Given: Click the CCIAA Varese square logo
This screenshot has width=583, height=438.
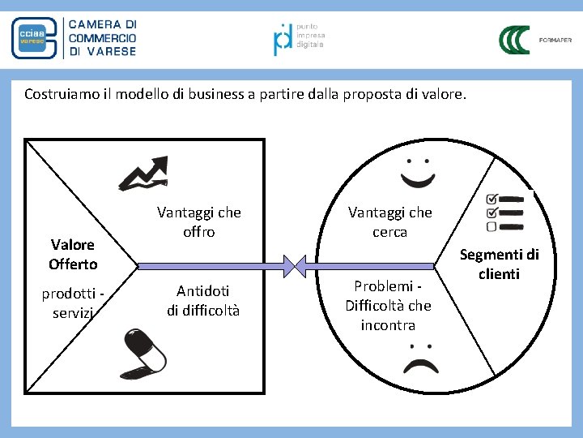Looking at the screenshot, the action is click(34, 38).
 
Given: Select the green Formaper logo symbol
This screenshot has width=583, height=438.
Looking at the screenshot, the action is click(513, 39).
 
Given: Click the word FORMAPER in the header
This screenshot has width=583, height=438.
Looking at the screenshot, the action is click(555, 40).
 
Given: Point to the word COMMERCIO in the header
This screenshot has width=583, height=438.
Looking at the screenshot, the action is click(103, 38).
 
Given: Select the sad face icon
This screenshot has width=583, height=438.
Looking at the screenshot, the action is click(419, 355).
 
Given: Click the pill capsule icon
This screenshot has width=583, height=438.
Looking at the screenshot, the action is click(146, 353).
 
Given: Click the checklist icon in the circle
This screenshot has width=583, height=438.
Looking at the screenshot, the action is click(504, 211).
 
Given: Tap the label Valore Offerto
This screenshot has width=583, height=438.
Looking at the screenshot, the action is click(73, 254).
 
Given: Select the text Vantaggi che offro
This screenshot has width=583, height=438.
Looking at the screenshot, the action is click(198, 222).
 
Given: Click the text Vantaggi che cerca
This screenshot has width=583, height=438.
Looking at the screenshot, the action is click(389, 222).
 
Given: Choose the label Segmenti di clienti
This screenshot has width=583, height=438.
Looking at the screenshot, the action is click(499, 264).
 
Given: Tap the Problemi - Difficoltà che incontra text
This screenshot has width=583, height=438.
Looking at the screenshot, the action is click(388, 305).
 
